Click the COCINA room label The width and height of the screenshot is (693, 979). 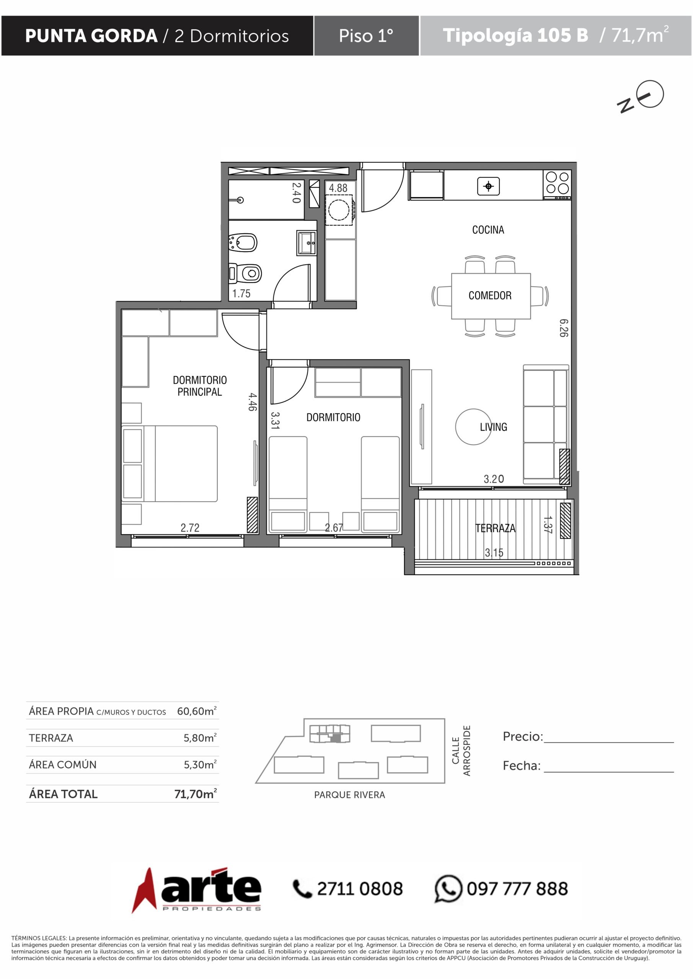coord(488,230)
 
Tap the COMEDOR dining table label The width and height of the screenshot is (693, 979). coord(490,296)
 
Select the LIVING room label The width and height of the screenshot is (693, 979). coord(493,427)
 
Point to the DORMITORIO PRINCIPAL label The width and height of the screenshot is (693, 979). coord(200,386)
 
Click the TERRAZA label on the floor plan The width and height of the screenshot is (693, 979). coord(496,528)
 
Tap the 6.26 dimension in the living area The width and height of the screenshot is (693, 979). coord(564,328)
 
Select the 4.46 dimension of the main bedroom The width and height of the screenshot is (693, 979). coord(253,402)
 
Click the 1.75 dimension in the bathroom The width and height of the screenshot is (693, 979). coord(241,293)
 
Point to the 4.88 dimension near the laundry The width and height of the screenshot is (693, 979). coord(338,188)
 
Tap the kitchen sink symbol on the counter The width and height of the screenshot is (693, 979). coord(489,186)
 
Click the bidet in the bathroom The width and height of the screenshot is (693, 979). coord(243,242)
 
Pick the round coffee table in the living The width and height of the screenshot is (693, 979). coord(473,427)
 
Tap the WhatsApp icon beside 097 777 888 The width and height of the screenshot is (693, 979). coord(448,889)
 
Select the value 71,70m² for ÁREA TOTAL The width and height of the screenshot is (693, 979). coord(196,794)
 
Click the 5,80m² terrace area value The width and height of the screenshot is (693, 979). coord(200,738)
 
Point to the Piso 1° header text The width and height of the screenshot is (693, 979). coord(366,36)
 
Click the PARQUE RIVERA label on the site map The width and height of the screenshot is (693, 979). coord(349,795)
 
